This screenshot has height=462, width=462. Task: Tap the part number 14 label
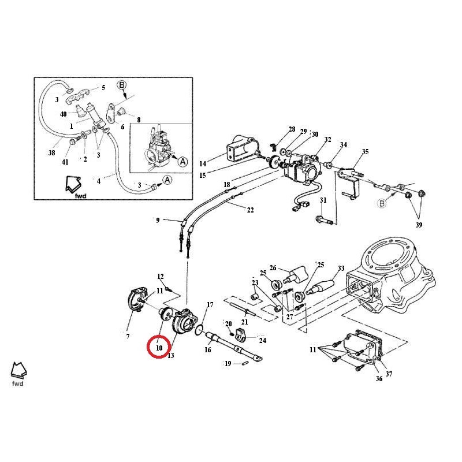pyautogui.click(x=203, y=163)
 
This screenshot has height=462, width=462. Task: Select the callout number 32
pyautogui.click(x=327, y=140)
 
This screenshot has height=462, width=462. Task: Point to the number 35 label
pyautogui.click(x=365, y=152)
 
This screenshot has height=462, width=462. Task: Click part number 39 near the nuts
pyautogui.click(x=418, y=224)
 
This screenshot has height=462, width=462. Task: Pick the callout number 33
pyautogui.click(x=341, y=269)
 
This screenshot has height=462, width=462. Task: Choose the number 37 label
pyautogui.click(x=389, y=374)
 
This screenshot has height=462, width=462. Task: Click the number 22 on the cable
pyautogui.click(x=250, y=210)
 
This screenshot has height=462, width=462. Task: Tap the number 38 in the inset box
pyautogui.click(x=51, y=153)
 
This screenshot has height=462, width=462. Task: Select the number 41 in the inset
pyautogui.click(x=65, y=162)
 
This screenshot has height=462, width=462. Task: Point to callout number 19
pyautogui.click(x=228, y=364)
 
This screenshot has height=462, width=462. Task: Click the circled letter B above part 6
pyautogui.click(x=122, y=85)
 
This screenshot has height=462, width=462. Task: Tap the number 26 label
pyautogui.click(x=273, y=268)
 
